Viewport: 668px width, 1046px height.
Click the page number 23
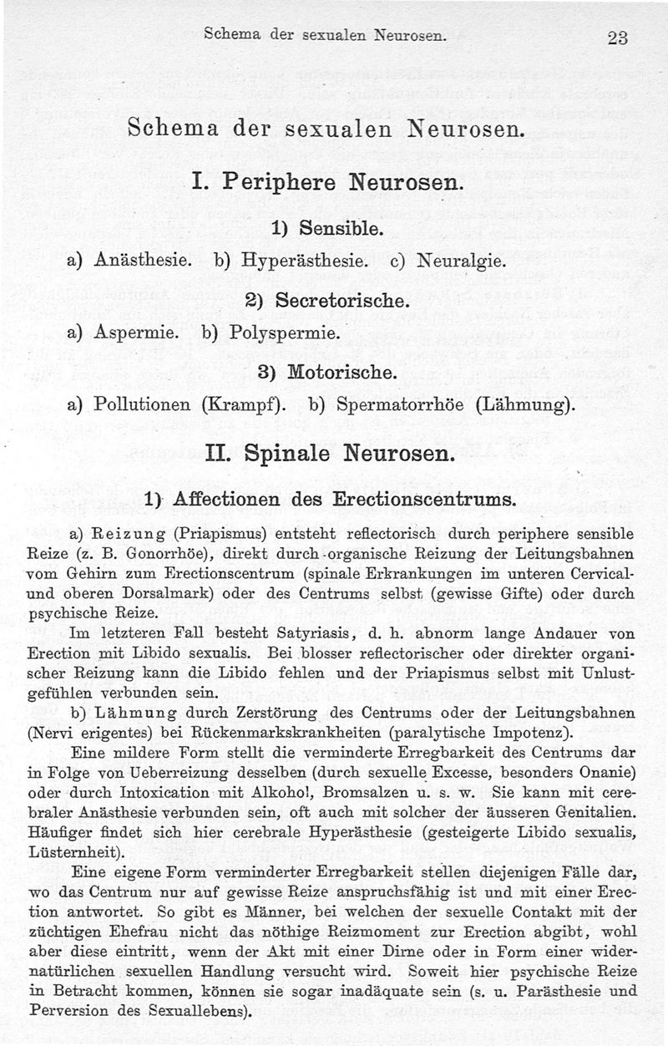[x=619, y=38]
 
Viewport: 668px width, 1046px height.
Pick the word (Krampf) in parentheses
[x=244, y=406]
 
